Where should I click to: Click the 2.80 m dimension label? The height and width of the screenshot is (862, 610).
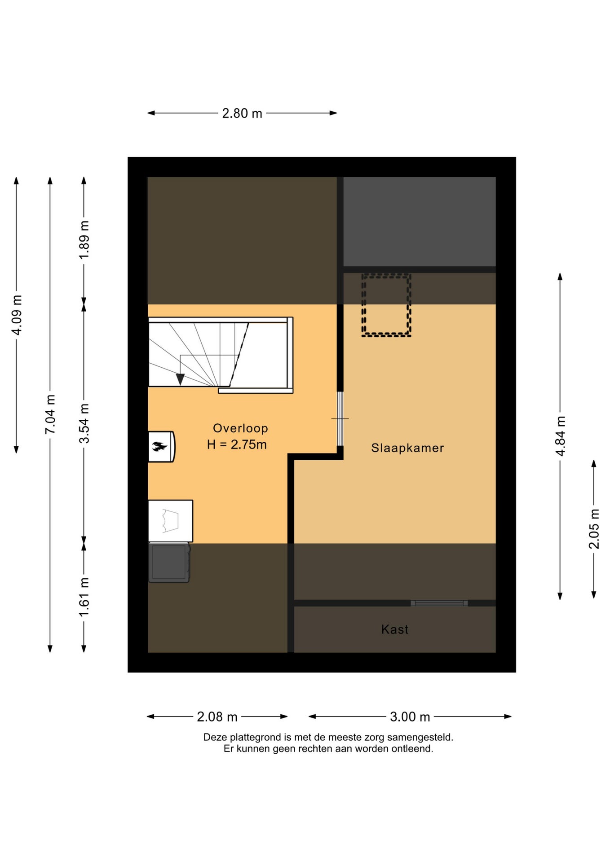pos(242,113)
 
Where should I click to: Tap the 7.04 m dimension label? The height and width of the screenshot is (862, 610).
pos(50,414)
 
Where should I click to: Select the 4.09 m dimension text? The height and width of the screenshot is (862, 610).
pos(17,315)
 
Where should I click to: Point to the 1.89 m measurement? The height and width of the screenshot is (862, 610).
pos(84,240)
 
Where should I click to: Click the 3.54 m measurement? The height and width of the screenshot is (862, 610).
pos(84,423)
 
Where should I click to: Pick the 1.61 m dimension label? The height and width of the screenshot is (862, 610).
pos(84,598)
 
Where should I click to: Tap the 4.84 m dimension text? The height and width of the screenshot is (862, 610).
pos(560,436)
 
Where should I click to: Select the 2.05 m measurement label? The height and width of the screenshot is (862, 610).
pos(594,529)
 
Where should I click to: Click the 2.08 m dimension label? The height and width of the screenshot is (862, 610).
pos(217,717)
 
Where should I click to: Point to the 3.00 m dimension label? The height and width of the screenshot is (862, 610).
pos(410,717)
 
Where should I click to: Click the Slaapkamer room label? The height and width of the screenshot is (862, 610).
pos(407,448)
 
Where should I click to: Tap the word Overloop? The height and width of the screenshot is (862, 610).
pos(240,428)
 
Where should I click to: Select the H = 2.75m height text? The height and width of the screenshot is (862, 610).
pos(237,444)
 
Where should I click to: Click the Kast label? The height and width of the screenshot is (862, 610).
pos(395,629)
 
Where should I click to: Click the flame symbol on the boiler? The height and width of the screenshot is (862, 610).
pos(159,446)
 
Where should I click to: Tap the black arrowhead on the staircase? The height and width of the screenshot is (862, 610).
pos(180,379)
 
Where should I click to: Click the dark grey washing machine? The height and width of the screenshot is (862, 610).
pos(169,563)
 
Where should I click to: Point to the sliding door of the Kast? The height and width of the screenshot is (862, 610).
pos(439,603)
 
